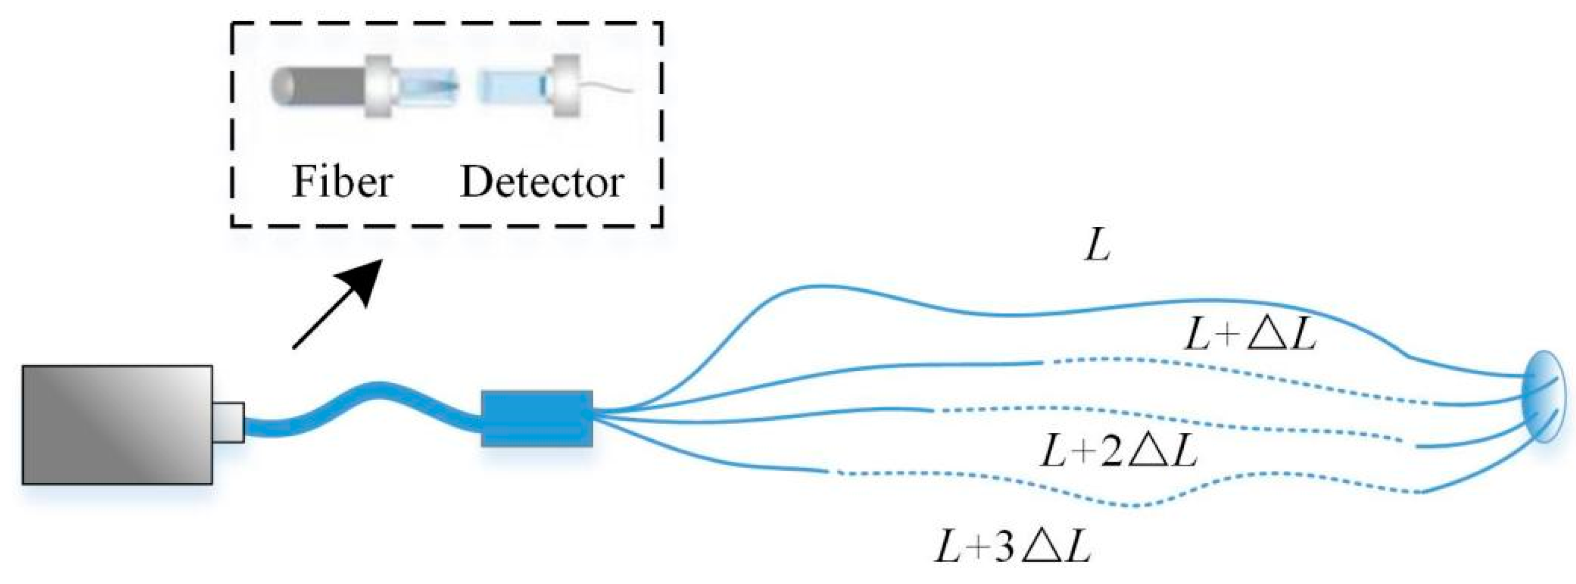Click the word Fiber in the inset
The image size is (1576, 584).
tap(342, 182)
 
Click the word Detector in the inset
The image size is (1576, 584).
tap(542, 182)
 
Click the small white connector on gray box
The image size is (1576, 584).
tap(229, 422)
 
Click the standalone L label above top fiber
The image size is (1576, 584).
tap(1097, 248)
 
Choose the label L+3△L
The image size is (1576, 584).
tap(1013, 548)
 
